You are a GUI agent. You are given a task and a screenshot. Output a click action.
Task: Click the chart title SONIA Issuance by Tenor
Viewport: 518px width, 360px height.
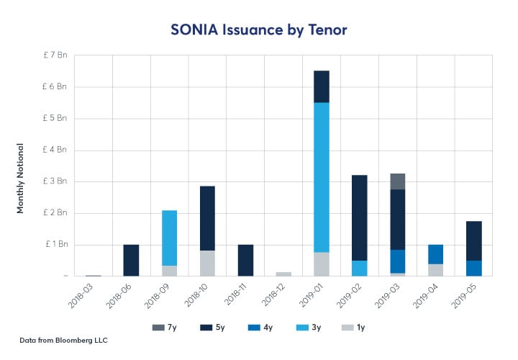[258, 30]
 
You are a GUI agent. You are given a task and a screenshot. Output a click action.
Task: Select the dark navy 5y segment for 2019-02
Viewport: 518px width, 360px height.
[358, 216]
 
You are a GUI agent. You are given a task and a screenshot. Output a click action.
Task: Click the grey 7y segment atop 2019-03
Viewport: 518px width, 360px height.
[396, 181]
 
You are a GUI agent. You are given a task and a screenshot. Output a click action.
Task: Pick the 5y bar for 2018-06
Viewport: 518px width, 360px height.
[131, 260]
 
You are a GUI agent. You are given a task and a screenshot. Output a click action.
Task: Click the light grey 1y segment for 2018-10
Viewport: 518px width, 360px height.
[206, 263]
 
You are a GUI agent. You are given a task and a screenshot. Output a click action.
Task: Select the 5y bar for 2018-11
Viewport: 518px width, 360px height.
[245, 260]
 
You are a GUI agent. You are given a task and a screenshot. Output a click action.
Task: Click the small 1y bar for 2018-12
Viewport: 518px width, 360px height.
[283, 274]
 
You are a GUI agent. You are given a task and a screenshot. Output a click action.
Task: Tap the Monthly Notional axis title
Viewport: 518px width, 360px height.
[21, 181]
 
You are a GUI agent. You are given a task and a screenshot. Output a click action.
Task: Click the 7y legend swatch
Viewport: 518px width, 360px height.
[158, 328]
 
